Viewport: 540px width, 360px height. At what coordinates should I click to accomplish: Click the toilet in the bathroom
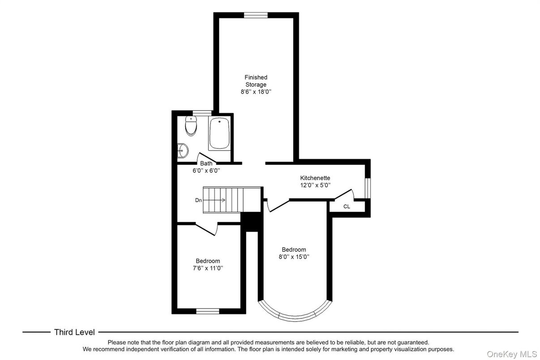[x=191, y=127]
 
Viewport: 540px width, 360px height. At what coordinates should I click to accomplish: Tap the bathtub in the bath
[x=219, y=133]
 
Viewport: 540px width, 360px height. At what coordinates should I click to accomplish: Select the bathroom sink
[x=183, y=151]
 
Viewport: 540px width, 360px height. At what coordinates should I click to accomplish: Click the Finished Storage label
[x=256, y=81]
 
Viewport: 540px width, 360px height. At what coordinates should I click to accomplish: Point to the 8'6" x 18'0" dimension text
[x=256, y=92]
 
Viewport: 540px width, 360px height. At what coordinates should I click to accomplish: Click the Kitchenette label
[x=315, y=178]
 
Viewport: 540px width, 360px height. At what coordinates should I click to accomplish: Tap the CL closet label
[x=347, y=206]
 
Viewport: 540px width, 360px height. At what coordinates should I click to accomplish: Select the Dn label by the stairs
[x=198, y=200]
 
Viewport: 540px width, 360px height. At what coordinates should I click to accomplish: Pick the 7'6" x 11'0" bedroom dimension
[x=208, y=268]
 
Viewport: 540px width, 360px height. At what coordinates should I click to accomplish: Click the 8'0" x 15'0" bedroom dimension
[x=294, y=257]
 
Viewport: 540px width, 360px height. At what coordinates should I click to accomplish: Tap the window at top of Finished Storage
[x=256, y=15]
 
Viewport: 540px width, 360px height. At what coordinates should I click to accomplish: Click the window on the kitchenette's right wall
[x=367, y=188]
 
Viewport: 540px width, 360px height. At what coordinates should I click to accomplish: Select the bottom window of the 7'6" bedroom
[x=208, y=311]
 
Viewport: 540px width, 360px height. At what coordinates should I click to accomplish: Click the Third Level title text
[x=74, y=332]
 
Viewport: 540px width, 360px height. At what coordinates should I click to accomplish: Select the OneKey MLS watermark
[x=512, y=354]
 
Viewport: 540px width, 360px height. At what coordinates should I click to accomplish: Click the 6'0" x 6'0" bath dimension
[x=206, y=171]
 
